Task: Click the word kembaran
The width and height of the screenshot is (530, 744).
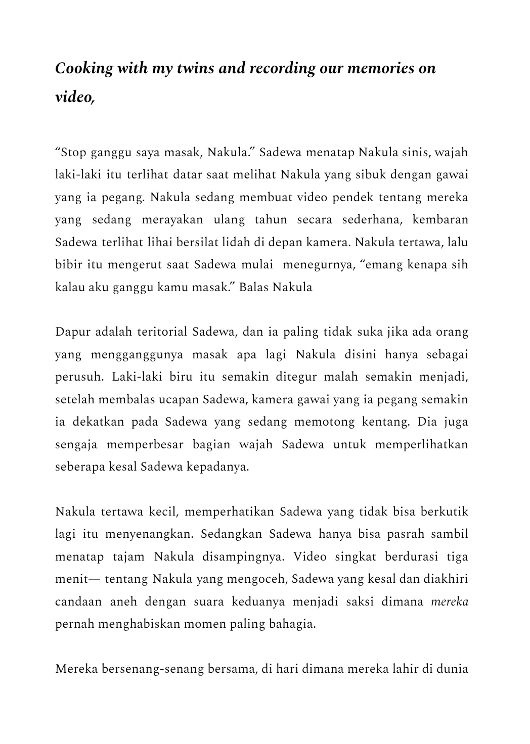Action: [x=440, y=220]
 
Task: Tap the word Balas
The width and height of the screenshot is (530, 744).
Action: [x=254, y=288]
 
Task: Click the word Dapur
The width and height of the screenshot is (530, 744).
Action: [x=71, y=332]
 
